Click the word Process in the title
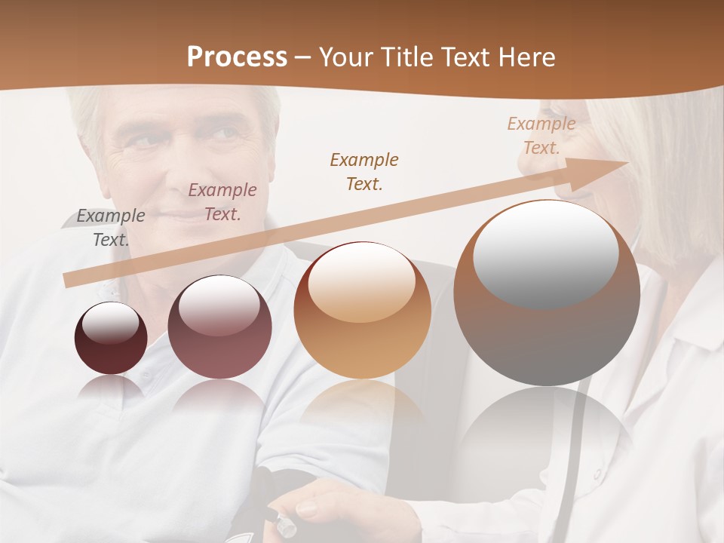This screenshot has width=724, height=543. point(237,57)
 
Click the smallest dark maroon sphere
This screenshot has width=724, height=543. point(111,339)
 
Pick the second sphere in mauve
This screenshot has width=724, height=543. point(219,327)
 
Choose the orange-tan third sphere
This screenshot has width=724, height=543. point(362,310)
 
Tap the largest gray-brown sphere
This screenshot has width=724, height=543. point(546,293)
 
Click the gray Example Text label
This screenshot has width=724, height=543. point(110,228)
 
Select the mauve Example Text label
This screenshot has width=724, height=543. point(222,202)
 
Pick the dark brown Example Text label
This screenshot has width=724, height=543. point(364,172)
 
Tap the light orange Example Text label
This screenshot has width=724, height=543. point(541,136)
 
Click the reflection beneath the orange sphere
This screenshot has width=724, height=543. point(362,411)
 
